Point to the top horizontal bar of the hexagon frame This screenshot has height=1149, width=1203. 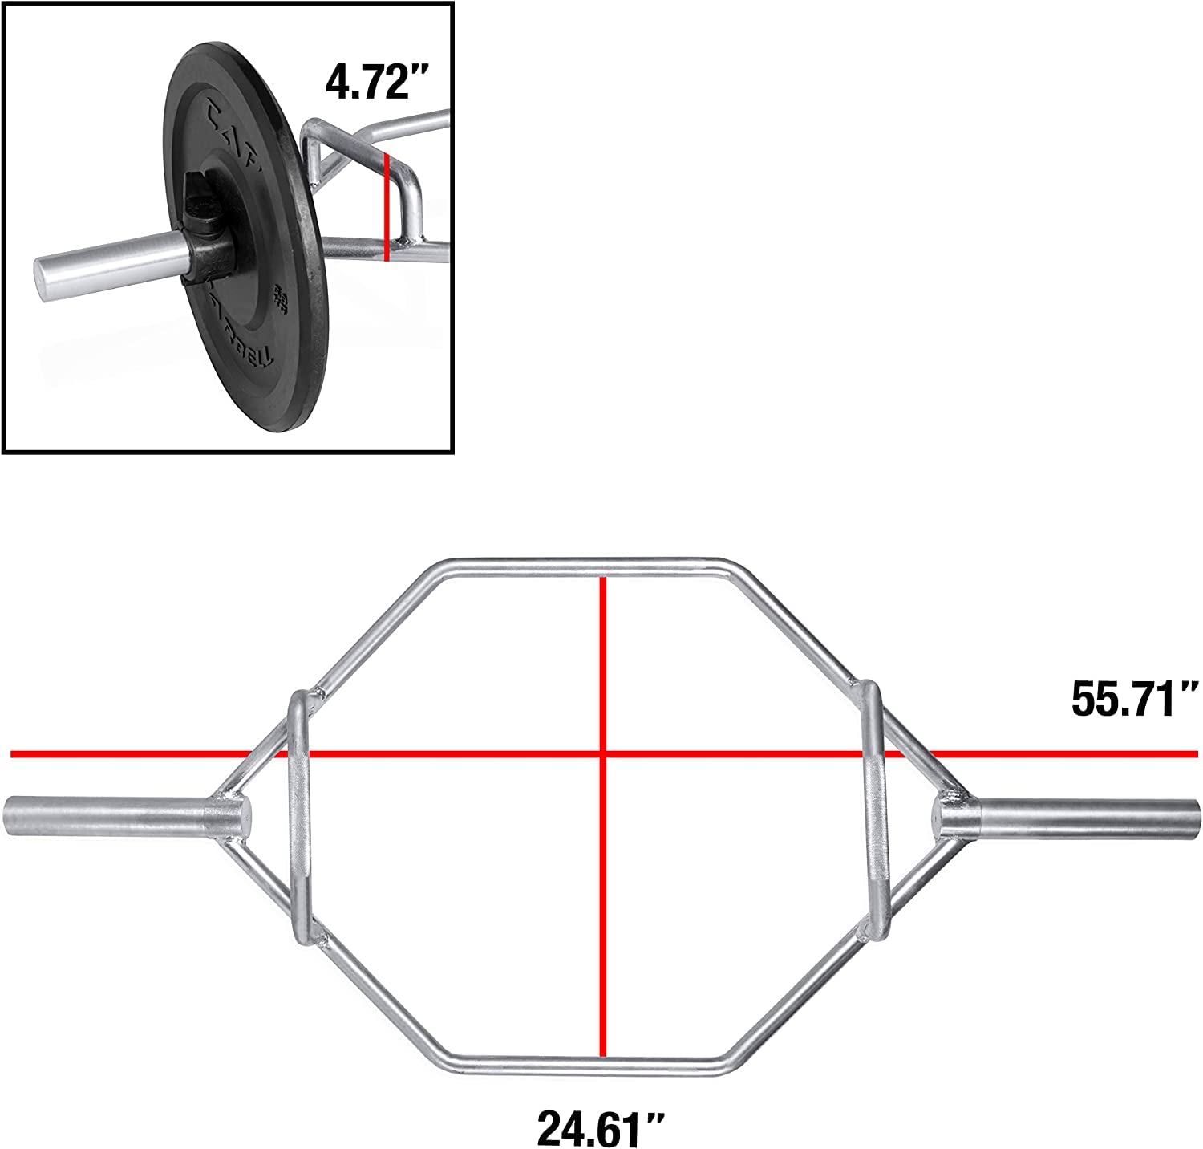point(585,566)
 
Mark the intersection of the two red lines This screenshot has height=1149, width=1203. point(603,754)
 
